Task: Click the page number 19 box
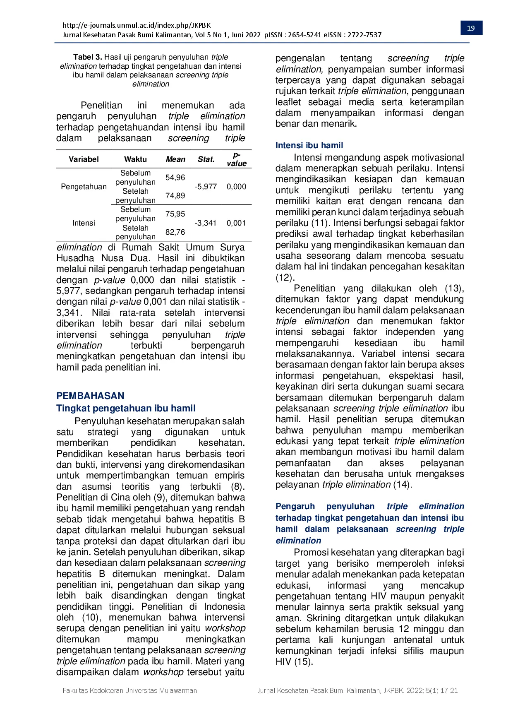pos(471,28)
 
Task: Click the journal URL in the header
pos(137,25)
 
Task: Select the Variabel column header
pos(84,159)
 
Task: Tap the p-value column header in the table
pos(236,159)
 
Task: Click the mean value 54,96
pos(175,178)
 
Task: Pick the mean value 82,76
pos(175,232)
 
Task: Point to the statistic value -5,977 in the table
pos(206,187)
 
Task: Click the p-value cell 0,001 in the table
pos(236,223)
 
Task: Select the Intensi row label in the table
pos(84,223)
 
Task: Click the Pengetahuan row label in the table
pos(84,187)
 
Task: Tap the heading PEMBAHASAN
pos(90,396)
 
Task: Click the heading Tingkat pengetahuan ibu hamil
pos(126,409)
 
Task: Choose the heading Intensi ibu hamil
pos(309,145)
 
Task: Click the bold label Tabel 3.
pos(87,57)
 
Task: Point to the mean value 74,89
pos(175,196)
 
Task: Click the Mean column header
pos(175,159)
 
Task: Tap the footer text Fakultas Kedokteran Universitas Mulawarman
pos(129,690)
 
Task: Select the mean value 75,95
pos(175,214)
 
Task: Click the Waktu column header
pos(135,159)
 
